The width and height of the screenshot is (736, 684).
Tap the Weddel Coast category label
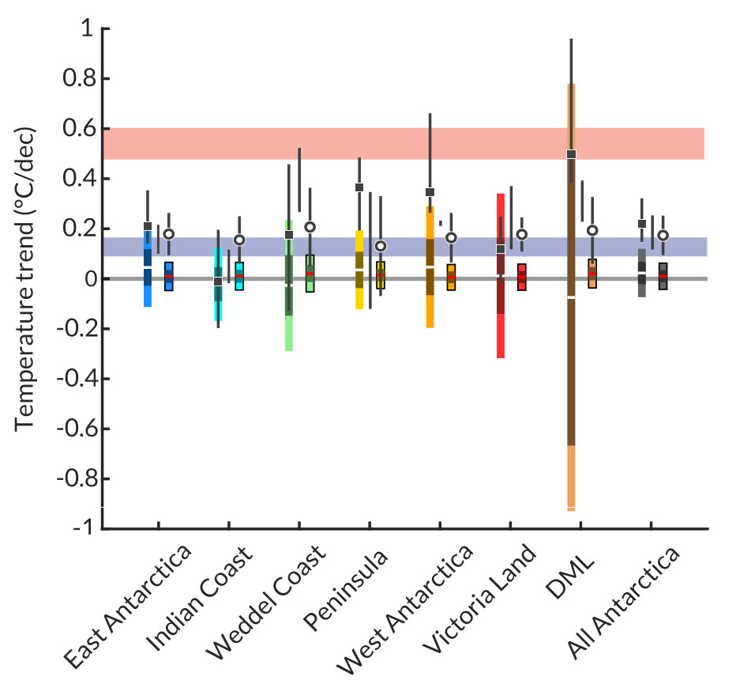pos(266,603)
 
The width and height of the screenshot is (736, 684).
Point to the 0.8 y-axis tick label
pos(73,79)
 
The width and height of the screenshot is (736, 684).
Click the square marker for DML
pos(571,154)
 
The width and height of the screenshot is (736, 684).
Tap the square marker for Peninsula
pos(359,187)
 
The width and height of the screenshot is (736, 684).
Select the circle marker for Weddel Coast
pos(310,227)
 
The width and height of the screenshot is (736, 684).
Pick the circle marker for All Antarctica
pos(663,235)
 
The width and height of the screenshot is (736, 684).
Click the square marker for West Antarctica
pos(430,192)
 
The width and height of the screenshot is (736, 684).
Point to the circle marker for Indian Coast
pos(239,240)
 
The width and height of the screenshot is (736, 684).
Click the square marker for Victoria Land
pos(501,249)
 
